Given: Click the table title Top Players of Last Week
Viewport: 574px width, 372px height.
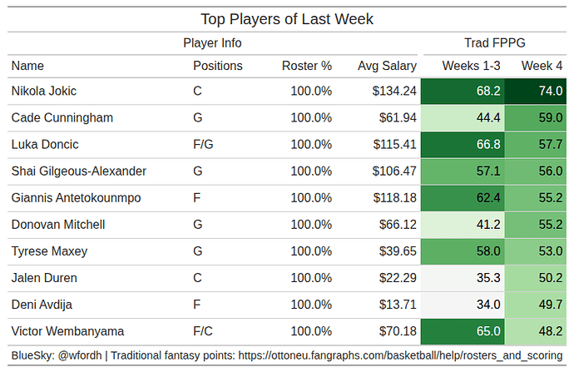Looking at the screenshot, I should (x=287, y=18).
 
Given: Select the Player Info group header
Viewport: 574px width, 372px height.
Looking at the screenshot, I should (x=212, y=43).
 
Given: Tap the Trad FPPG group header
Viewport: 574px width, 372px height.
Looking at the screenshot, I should (x=494, y=43).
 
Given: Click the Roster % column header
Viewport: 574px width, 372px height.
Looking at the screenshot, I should (x=306, y=66).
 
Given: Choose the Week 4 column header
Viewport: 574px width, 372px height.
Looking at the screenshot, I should (x=542, y=66).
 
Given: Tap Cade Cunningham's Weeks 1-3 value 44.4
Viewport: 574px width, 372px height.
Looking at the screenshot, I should (x=487, y=118).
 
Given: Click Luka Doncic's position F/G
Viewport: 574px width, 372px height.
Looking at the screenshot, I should (x=203, y=145).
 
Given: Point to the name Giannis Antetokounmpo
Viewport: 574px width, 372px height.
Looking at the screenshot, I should (x=76, y=198).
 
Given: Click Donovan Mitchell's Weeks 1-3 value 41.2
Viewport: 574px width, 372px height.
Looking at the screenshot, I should (x=487, y=225).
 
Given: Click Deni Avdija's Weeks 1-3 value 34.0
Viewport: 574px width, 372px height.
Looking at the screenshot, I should (x=487, y=305).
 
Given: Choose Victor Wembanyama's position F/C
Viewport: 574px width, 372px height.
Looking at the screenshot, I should (x=203, y=331).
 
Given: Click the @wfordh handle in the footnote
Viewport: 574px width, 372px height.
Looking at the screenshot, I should (x=81, y=355).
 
